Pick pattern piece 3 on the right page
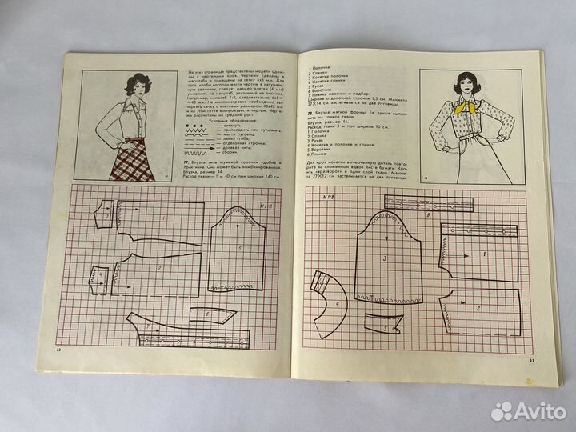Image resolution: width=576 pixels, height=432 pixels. click(x=385, y=258)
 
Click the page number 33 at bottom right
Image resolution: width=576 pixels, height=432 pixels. click(x=530, y=361)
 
